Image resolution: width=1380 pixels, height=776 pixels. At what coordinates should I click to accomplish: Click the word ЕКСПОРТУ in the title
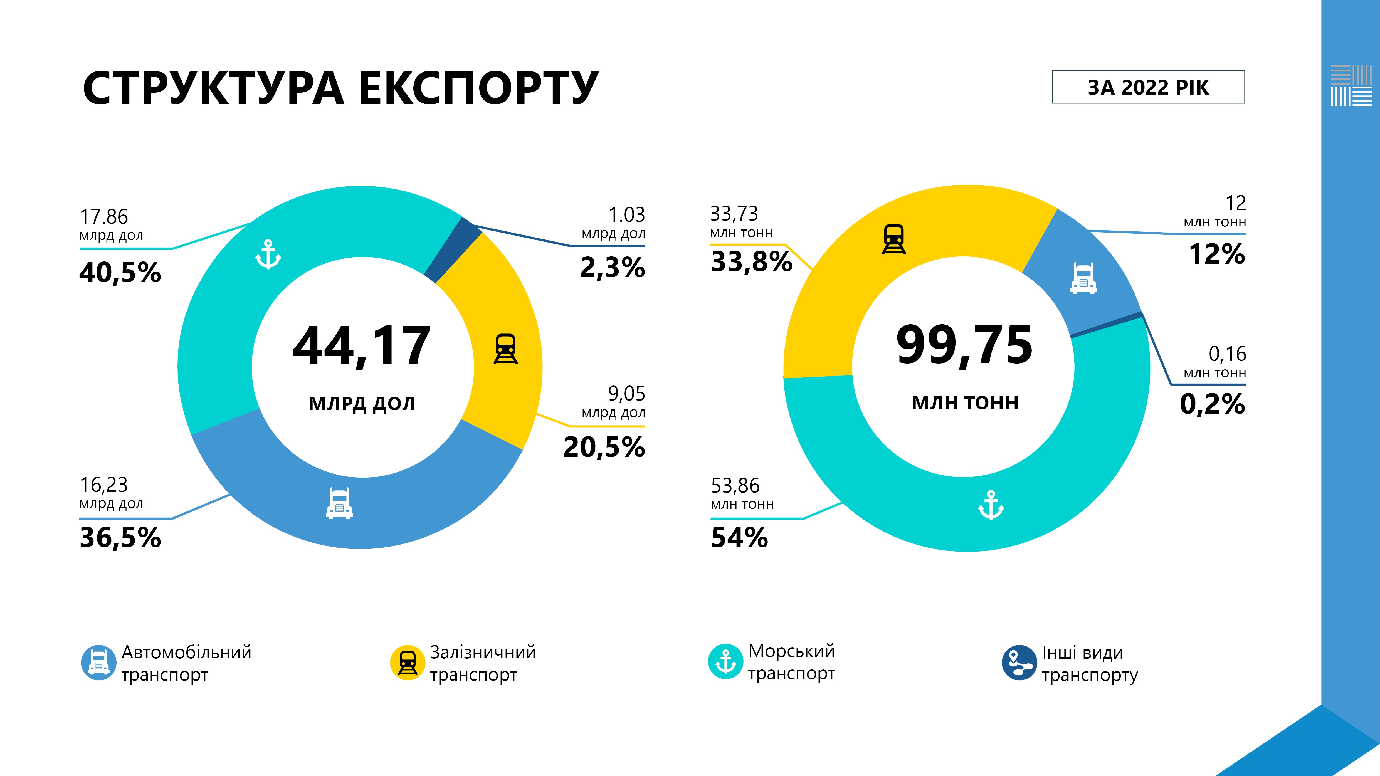pyautogui.click(x=478, y=88)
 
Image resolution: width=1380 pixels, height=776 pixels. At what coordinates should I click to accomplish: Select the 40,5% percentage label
pyautogui.click(x=120, y=272)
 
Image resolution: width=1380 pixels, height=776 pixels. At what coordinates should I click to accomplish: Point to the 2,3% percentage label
pyautogui.click(x=612, y=267)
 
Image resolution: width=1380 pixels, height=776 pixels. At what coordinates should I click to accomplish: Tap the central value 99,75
pyautogui.click(x=964, y=345)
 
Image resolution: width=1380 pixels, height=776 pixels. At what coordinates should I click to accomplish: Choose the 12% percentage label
pyautogui.click(x=1217, y=254)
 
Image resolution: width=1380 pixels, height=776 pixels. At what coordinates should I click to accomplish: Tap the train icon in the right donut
pyautogui.click(x=893, y=239)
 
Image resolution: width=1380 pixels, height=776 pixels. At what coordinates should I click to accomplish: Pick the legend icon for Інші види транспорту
pyautogui.click(x=1019, y=663)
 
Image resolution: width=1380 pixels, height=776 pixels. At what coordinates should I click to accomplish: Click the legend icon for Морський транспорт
pyautogui.click(x=725, y=661)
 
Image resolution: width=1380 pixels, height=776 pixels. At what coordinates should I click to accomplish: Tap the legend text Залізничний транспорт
pyautogui.click(x=482, y=663)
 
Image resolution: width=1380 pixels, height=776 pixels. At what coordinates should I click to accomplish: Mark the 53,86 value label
pyautogui.click(x=735, y=486)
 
